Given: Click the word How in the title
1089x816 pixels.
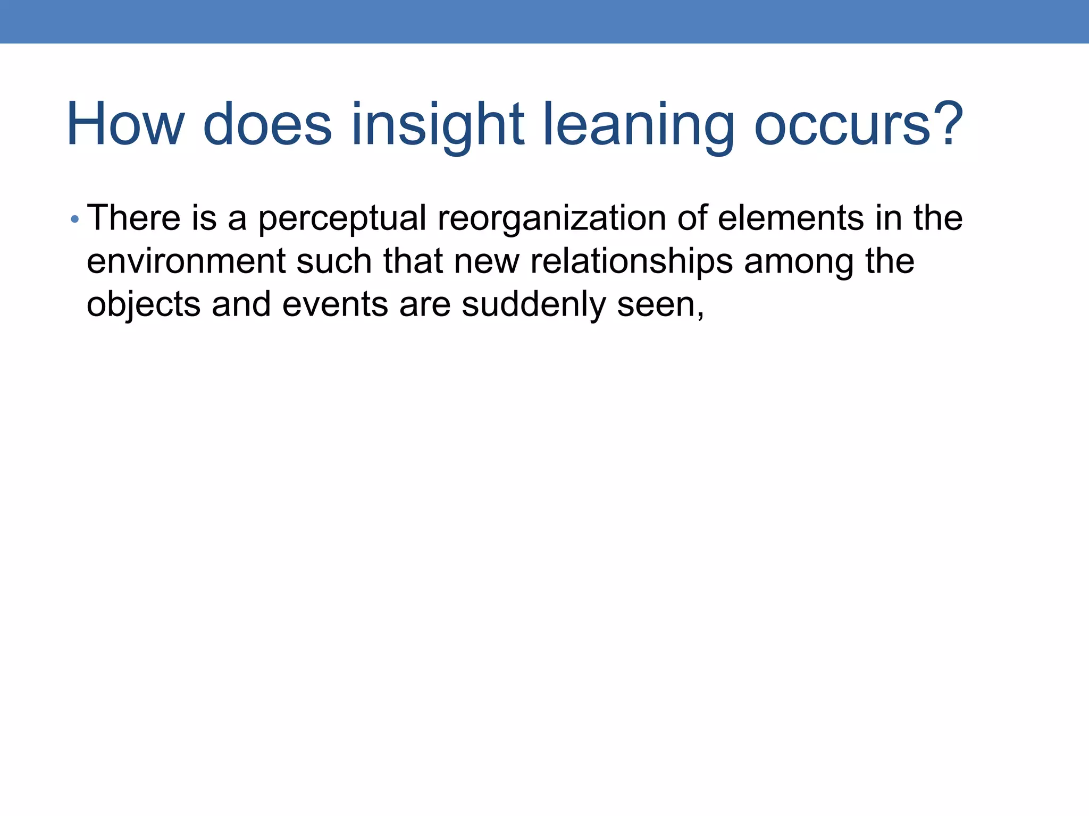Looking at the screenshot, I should click(x=125, y=125).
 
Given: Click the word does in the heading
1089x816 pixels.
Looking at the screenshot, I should click(x=267, y=125).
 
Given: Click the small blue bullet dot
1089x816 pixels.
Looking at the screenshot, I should click(x=75, y=219).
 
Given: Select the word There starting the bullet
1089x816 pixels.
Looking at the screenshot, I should click(x=133, y=218).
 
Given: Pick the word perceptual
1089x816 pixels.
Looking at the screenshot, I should click(x=342, y=219).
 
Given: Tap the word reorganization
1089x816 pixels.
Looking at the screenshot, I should click(x=551, y=219).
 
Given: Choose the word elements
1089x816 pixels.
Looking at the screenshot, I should click(x=791, y=218).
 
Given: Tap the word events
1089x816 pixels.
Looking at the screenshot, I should click(x=335, y=305).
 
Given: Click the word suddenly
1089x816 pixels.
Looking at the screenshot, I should click(x=534, y=305).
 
